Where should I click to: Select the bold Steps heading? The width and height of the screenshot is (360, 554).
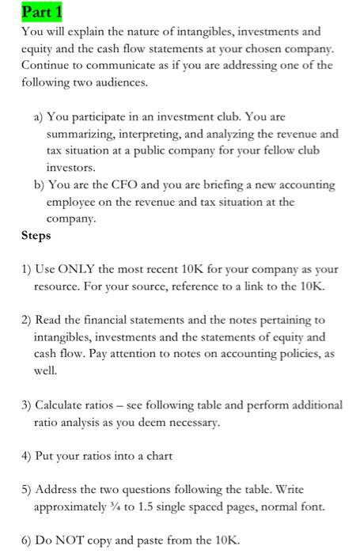(x=36, y=236)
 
